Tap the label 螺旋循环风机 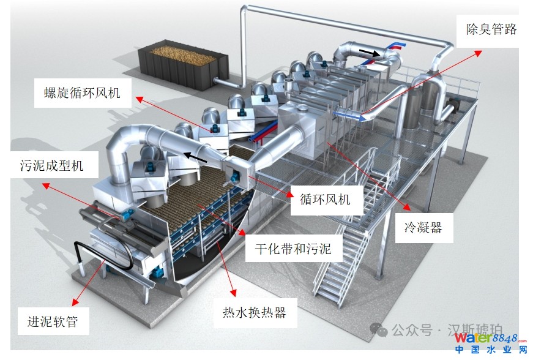coord(82,94)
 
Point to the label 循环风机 coord(325,199)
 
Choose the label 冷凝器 coord(422,228)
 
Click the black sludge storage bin coord(180,63)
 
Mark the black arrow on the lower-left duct coord(196,157)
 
